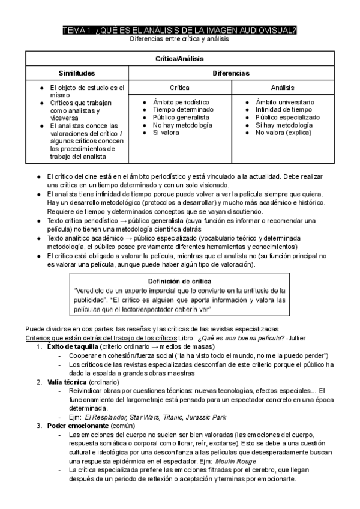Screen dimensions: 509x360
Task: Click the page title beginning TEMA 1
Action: tap(180, 30)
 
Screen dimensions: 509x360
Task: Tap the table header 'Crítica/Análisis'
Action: tap(180, 58)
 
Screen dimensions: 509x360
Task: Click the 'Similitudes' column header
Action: tap(76, 73)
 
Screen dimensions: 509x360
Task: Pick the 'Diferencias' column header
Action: tap(231, 73)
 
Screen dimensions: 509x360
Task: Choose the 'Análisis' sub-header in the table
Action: tap(283, 88)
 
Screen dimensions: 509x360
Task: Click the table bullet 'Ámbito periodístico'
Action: tap(181, 103)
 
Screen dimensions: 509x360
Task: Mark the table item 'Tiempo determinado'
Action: tap(182, 110)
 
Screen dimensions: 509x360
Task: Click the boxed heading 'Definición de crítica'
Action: tap(179, 281)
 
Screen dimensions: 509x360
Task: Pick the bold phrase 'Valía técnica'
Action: tap(67, 382)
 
